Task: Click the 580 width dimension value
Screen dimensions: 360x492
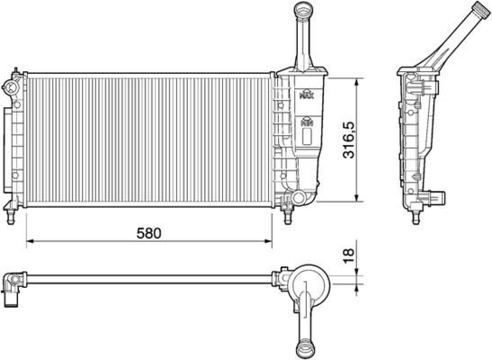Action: (148, 232)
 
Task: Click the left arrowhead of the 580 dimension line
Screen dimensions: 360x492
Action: (28, 241)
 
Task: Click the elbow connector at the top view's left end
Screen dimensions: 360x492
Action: (11, 289)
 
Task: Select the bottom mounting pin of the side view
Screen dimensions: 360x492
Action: (419, 214)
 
